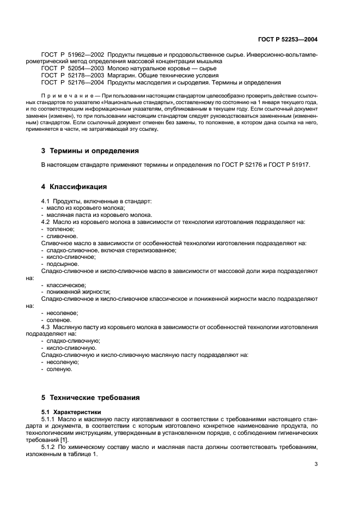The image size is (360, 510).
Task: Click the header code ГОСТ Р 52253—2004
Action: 288,39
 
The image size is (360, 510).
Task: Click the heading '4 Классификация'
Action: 74,187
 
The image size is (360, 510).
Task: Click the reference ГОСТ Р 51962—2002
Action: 72,56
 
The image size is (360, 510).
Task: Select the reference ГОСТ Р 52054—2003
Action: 72,69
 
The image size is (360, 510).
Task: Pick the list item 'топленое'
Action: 62,229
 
